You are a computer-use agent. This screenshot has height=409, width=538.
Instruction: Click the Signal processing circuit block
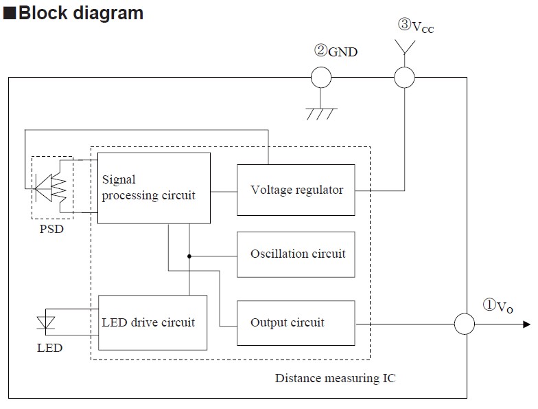pos(154,188)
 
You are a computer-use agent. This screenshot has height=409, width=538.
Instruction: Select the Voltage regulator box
pos(296,190)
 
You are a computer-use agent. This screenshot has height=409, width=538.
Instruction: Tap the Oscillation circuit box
pos(296,254)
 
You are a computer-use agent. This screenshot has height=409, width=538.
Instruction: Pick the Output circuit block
pos(296,323)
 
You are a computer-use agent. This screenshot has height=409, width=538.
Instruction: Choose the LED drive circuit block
pos(152,322)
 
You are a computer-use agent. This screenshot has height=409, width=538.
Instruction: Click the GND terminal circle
pos(321,77)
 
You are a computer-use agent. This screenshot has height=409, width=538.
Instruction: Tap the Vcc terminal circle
pos(404,77)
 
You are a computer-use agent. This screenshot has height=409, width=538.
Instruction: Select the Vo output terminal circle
pos(465,323)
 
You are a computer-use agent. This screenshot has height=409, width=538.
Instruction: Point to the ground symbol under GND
pos(321,113)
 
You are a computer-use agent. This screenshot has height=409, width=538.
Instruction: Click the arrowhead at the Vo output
pos(527,324)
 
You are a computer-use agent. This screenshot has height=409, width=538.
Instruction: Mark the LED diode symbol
pos(45,323)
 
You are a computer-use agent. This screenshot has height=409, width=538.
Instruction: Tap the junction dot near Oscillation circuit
pos(189,256)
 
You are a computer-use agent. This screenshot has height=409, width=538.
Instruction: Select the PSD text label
pos(51,229)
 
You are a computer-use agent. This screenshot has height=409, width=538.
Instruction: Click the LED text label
pos(49,348)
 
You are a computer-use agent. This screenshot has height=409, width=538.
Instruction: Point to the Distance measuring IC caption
pos(335,378)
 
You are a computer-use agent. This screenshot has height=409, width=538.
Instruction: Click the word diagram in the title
pos(108,14)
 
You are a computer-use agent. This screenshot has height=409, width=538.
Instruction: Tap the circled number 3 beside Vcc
pos(405,24)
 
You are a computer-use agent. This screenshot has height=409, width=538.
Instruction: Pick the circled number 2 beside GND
pos(321,50)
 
